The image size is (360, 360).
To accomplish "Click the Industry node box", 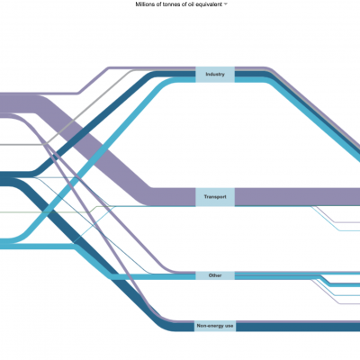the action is (215, 75).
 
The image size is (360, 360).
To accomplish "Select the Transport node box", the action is (215, 197).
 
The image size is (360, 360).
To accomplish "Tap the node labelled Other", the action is (215, 275).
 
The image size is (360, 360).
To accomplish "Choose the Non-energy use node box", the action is (215, 326).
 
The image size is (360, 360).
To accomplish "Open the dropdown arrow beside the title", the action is (226, 4).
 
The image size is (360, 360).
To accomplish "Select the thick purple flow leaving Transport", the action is (297, 197).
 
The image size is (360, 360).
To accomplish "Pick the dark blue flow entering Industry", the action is (99, 123).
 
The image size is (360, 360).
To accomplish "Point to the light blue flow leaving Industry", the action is (312, 120).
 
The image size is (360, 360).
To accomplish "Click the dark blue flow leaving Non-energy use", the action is (298, 327).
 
